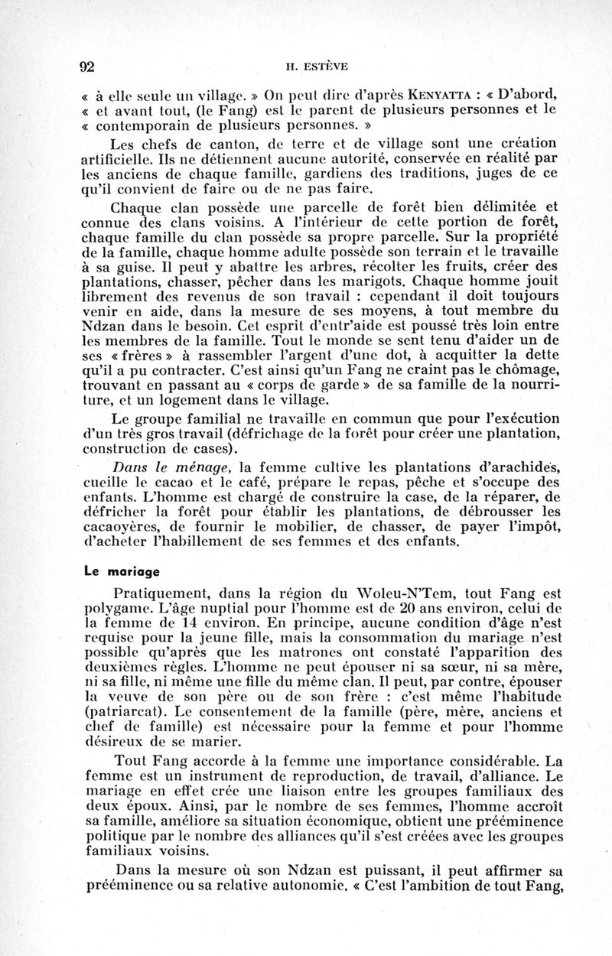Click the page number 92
coord(86,67)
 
